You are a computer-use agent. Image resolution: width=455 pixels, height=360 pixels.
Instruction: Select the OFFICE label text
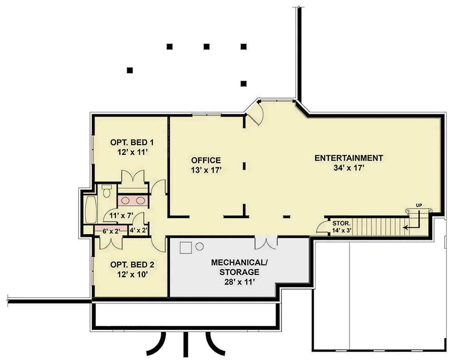(x=206, y=160)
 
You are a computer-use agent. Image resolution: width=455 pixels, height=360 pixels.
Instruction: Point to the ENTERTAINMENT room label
(x=348, y=158)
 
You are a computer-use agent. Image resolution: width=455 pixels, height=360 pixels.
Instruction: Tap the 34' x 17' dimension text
(x=348, y=168)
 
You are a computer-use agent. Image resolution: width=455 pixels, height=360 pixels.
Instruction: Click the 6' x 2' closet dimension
(x=111, y=231)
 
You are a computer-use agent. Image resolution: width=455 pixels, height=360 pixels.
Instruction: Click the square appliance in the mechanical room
(x=185, y=248)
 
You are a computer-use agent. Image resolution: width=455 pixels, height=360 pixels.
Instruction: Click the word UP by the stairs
(x=419, y=205)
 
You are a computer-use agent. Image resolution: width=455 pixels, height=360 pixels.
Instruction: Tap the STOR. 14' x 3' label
(x=342, y=226)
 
